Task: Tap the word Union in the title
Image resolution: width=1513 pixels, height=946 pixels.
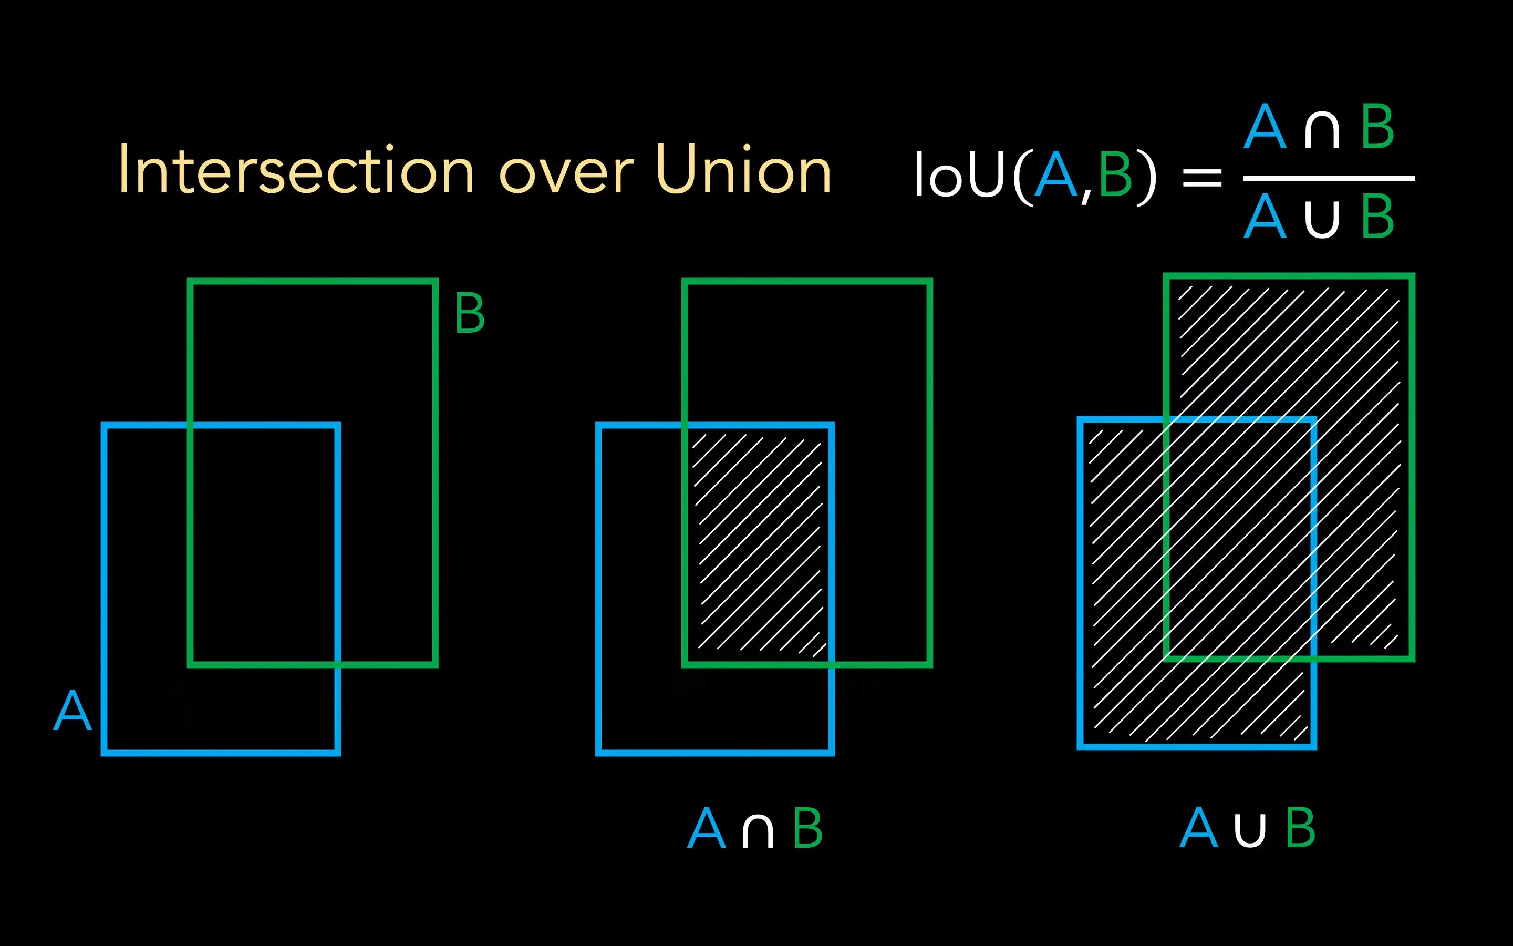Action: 743,169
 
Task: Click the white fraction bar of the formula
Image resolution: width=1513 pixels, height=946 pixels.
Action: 1329,178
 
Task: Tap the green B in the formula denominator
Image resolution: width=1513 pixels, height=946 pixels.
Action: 1377,217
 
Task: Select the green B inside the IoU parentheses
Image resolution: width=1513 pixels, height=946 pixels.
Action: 1115,175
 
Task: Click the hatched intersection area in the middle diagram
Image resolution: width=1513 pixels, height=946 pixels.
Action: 758,541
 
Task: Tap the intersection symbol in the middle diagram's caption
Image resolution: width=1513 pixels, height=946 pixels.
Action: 758,831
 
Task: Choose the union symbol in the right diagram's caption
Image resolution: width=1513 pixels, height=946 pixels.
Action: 1250,830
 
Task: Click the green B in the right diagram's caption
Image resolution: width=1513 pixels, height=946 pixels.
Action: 1300,827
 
